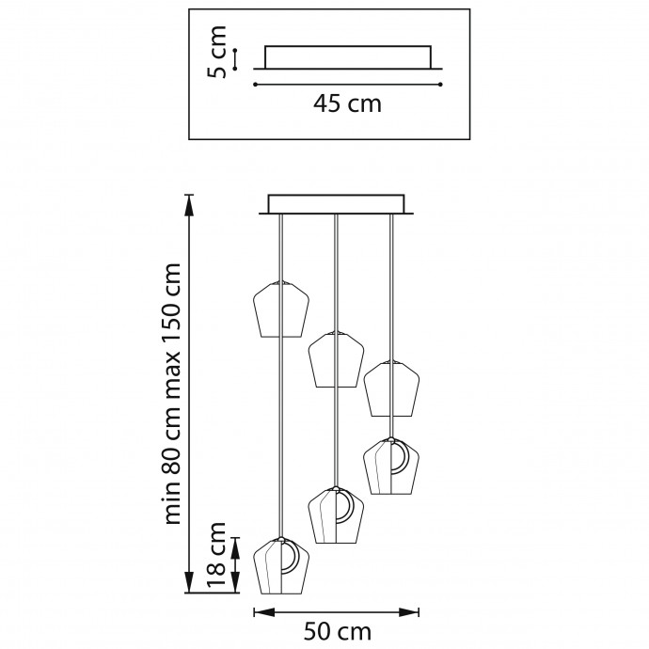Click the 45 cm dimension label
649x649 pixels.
coord(347,103)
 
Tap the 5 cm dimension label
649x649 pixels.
coord(217,52)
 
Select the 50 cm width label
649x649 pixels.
coord(338,632)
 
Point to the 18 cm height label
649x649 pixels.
coord(216,554)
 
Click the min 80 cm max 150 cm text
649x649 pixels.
coord(173,393)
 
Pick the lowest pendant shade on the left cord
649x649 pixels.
coord(281,566)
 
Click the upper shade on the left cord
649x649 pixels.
coord(281,309)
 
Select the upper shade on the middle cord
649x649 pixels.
coord(336,359)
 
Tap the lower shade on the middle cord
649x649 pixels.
coord(336,514)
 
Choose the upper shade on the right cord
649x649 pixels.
coord(391,388)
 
